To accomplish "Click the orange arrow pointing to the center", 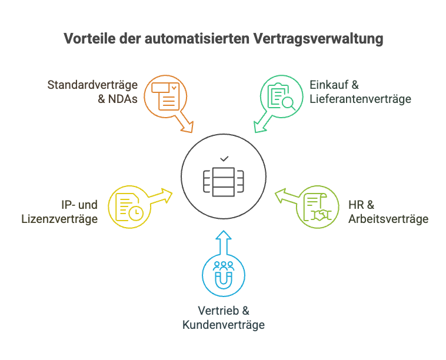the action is point(187,124).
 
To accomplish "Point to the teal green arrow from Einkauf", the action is point(261,124).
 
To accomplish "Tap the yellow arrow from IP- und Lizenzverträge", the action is point(160,196).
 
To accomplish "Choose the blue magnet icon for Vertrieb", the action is point(224,275).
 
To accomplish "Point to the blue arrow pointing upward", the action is point(224,242).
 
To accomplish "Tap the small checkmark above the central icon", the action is point(224,159).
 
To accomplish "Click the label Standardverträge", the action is point(92,85).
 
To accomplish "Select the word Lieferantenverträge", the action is point(360,99).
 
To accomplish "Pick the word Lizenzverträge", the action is point(59,219).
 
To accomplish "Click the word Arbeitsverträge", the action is point(388,219).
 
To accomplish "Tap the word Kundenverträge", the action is point(224,324).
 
